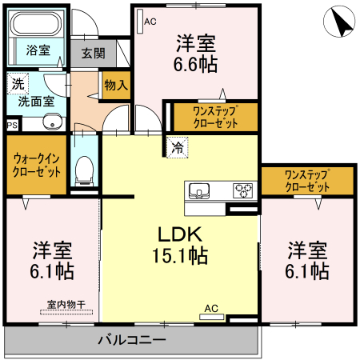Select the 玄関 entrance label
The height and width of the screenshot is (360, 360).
pos(93,54)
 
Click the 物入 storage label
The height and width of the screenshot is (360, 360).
pos(117,85)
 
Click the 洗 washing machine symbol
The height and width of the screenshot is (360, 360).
pos(17,82)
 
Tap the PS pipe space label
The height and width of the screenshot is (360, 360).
pos(11,125)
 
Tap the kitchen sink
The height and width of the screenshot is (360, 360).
pos(198,190)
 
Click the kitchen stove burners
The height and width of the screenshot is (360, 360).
pos(242,190)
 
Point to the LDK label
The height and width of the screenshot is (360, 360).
pos(181,235)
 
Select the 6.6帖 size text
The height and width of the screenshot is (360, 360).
pos(197,66)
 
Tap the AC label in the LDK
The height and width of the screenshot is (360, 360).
pos(211,307)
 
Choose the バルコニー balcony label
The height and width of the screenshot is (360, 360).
pos(132,340)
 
